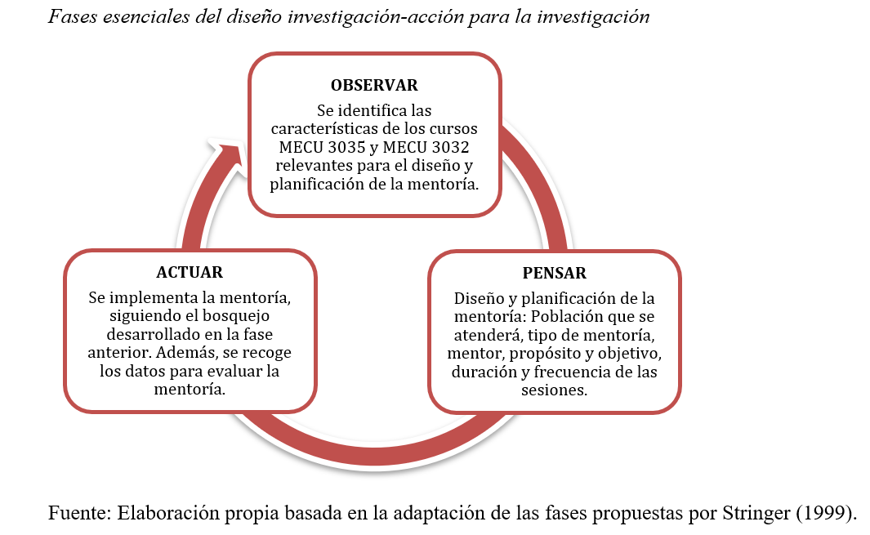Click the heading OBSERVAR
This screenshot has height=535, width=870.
pos(374,85)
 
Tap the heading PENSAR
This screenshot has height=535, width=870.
pos(555,273)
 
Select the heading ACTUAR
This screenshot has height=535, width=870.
pos(190,273)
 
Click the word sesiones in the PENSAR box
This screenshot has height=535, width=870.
pos(554,390)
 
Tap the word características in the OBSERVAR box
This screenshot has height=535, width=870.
pos(324,129)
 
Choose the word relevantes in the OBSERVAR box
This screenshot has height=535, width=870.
pos(303,166)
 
